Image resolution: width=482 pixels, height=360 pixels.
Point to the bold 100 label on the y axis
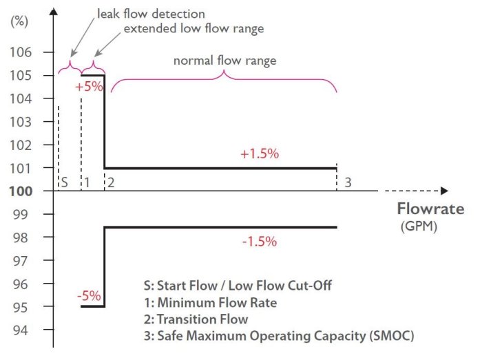coord(23,191)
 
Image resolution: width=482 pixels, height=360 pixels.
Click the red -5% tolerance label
coord(89,296)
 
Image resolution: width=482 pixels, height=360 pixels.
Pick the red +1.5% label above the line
coord(260,154)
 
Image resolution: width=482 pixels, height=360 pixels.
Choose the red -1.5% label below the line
coord(260,242)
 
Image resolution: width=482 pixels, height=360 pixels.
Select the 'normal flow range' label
coord(224,61)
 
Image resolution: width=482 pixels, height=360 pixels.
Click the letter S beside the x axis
coord(63,182)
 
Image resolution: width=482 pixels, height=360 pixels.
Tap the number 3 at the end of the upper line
coord(348,182)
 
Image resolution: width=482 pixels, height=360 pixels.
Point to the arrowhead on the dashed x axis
coord(444,191)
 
